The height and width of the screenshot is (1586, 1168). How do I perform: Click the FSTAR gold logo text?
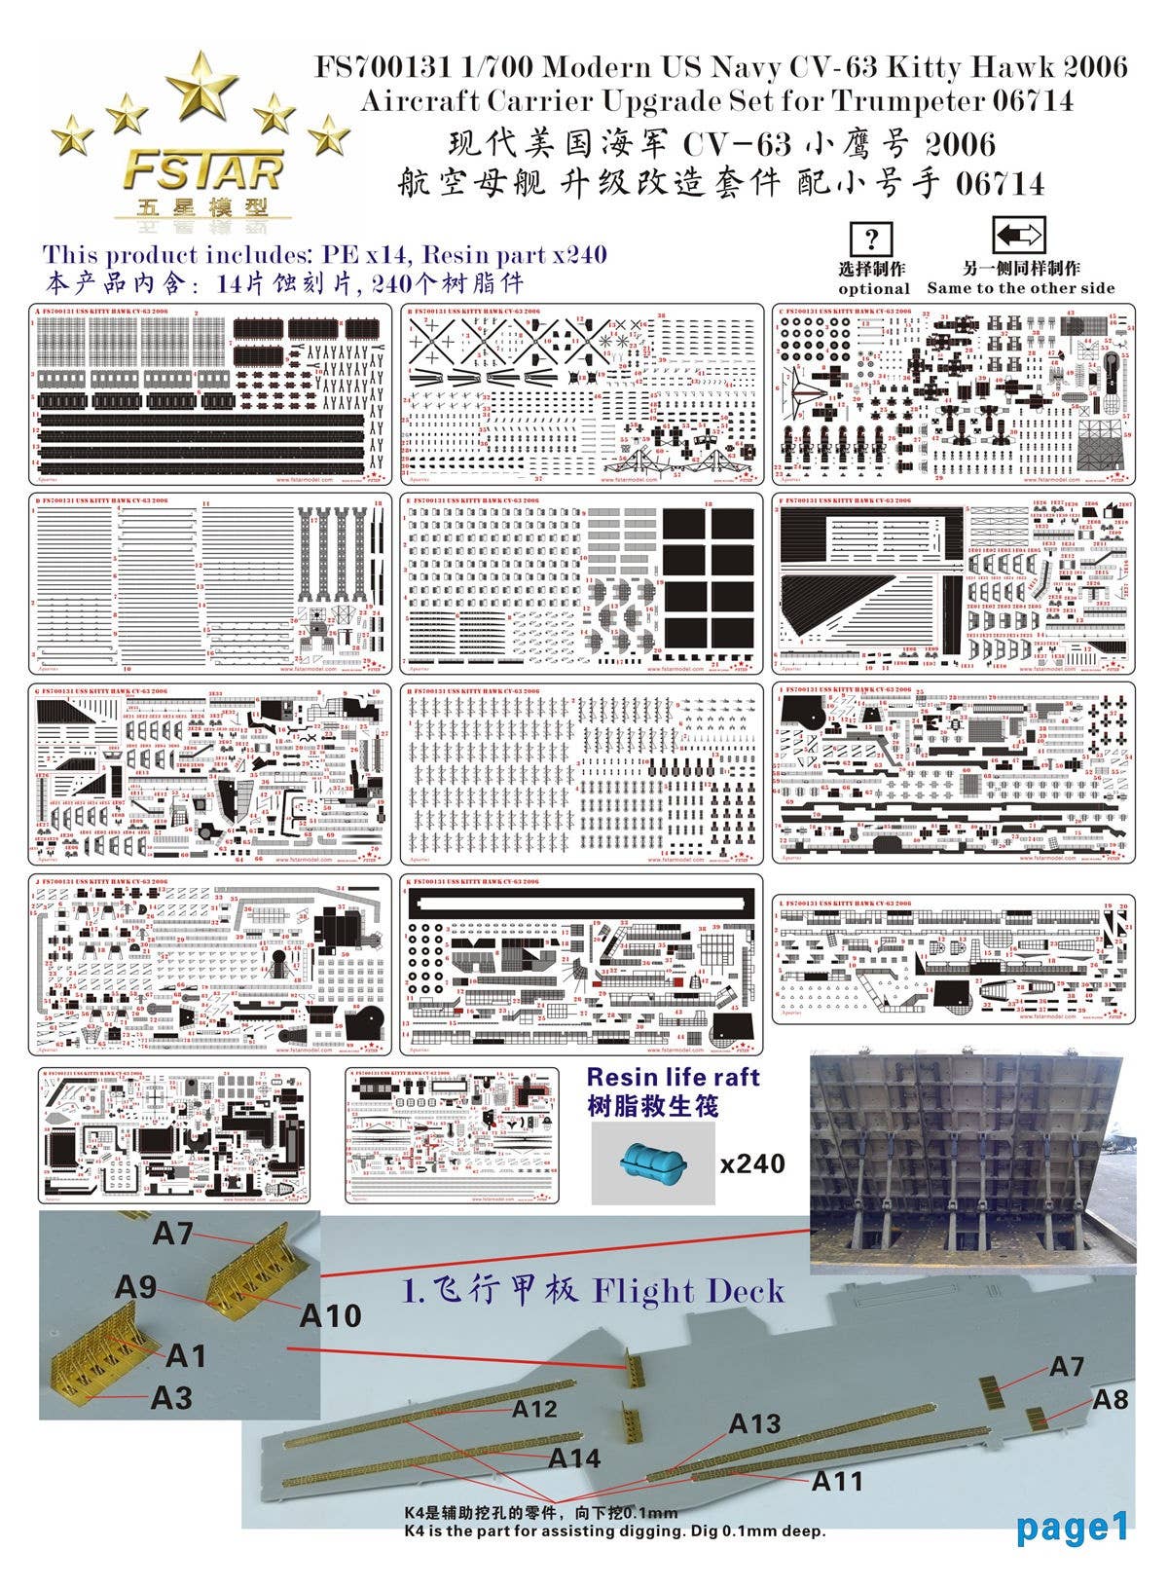pos(202,172)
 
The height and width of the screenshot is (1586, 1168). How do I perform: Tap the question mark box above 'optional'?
pos(872,240)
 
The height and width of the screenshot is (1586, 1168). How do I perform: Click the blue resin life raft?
pos(653,1162)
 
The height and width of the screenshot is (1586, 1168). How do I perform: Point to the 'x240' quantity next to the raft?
pos(751,1162)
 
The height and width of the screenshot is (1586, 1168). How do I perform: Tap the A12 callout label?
pos(534,1408)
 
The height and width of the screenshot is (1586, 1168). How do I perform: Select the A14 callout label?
pos(574,1457)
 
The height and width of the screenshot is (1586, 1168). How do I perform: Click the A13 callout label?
pos(754,1423)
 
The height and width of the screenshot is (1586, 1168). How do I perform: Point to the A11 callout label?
pos(837,1481)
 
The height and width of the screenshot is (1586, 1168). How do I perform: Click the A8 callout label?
pos(1110,1399)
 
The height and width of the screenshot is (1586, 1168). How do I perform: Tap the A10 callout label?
pos(330,1315)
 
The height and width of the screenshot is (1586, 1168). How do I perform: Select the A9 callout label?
pos(135,1287)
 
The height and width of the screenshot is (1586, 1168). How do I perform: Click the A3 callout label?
pos(171,1397)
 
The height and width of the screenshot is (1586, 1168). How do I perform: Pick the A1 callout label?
pos(186,1354)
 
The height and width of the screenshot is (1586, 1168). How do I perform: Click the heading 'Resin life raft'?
pos(673,1078)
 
